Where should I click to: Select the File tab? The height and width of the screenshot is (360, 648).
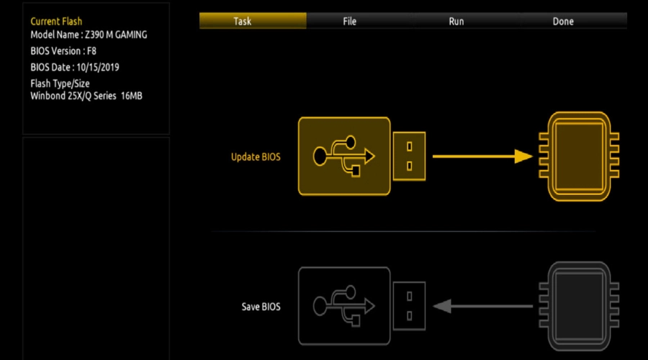[350, 21]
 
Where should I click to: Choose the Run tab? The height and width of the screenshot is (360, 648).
[456, 21]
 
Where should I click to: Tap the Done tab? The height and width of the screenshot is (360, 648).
[563, 21]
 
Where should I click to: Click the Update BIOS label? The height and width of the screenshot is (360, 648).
[256, 157]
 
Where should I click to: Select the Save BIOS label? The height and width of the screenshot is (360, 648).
[261, 307]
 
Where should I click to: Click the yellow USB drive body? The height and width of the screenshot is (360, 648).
[344, 156]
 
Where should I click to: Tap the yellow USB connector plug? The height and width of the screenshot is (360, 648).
[409, 156]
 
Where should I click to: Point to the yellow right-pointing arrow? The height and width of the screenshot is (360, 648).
[482, 156]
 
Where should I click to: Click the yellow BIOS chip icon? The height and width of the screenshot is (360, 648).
[579, 156]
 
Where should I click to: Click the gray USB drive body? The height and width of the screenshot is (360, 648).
[344, 306]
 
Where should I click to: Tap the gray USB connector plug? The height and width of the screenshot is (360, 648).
[409, 306]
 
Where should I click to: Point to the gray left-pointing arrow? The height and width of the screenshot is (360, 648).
[482, 306]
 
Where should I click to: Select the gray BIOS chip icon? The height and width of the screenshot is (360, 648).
[579, 306]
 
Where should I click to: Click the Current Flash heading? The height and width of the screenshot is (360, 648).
[56, 21]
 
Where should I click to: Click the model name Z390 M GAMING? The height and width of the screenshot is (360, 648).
[116, 35]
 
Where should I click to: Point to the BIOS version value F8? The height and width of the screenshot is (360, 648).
[91, 51]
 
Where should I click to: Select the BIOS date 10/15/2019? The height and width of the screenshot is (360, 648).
[97, 67]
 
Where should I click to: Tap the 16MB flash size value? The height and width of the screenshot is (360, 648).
[132, 96]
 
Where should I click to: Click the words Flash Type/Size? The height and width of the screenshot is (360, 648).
[60, 84]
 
